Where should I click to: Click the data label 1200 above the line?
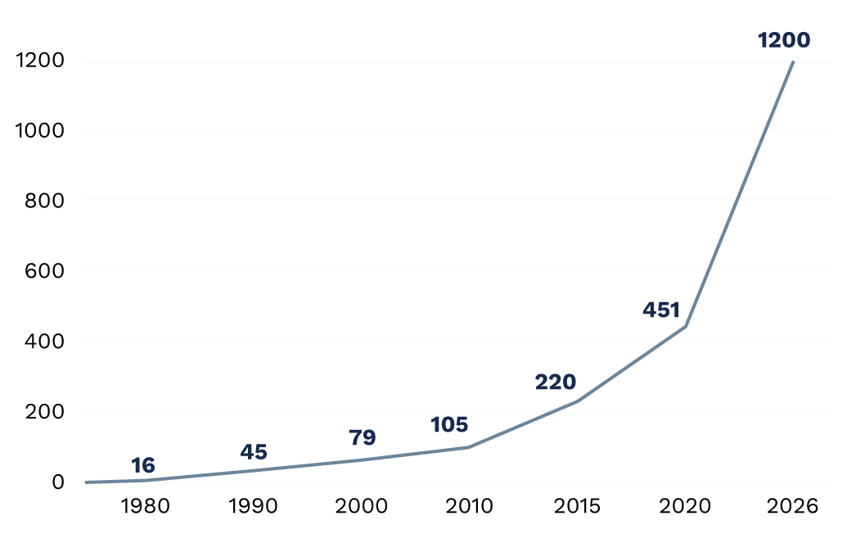pyautogui.click(x=784, y=40)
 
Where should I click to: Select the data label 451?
pyautogui.click(x=661, y=310)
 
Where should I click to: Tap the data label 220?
pyautogui.click(x=555, y=382)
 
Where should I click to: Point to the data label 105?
pyautogui.click(x=448, y=425)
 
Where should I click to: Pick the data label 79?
pyautogui.click(x=363, y=438)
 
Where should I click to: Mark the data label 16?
pyautogui.click(x=143, y=466)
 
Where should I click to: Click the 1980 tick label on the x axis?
pyautogui.click(x=145, y=506)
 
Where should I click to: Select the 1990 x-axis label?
pyautogui.click(x=253, y=506)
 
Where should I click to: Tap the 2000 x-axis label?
pyautogui.click(x=362, y=506)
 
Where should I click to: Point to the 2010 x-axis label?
pyautogui.click(x=470, y=506)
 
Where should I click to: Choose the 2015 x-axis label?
pyautogui.click(x=577, y=506)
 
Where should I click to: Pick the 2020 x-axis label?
pyautogui.click(x=685, y=506)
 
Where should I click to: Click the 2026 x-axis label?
pyautogui.click(x=793, y=506)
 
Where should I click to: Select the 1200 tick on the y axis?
pyautogui.click(x=40, y=60)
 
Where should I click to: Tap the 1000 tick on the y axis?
pyautogui.click(x=40, y=130)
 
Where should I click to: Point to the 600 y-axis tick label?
pyautogui.click(x=45, y=271)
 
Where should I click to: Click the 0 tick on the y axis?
pyautogui.click(x=58, y=482)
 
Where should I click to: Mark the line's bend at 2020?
pyautogui.click(x=685, y=326)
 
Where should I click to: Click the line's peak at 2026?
pyautogui.click(x=793, y=61)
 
